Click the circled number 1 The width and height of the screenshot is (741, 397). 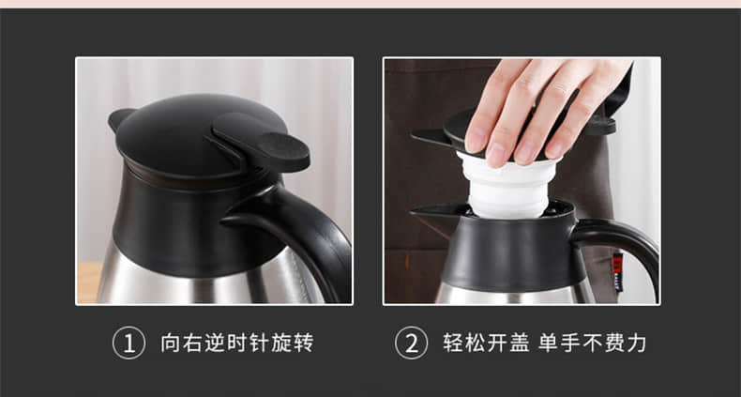(x=129, y=344)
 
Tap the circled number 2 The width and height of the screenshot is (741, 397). (x=411, y=344)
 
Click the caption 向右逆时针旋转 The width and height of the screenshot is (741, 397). (x=237, y=344)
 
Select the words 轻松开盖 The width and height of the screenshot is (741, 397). (x=486, y=344)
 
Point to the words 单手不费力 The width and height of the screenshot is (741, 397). (x=592, y=344)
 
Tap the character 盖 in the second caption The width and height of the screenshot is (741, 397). (x=519, y=344)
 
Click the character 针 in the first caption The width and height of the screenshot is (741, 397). (x=260, y=344)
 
